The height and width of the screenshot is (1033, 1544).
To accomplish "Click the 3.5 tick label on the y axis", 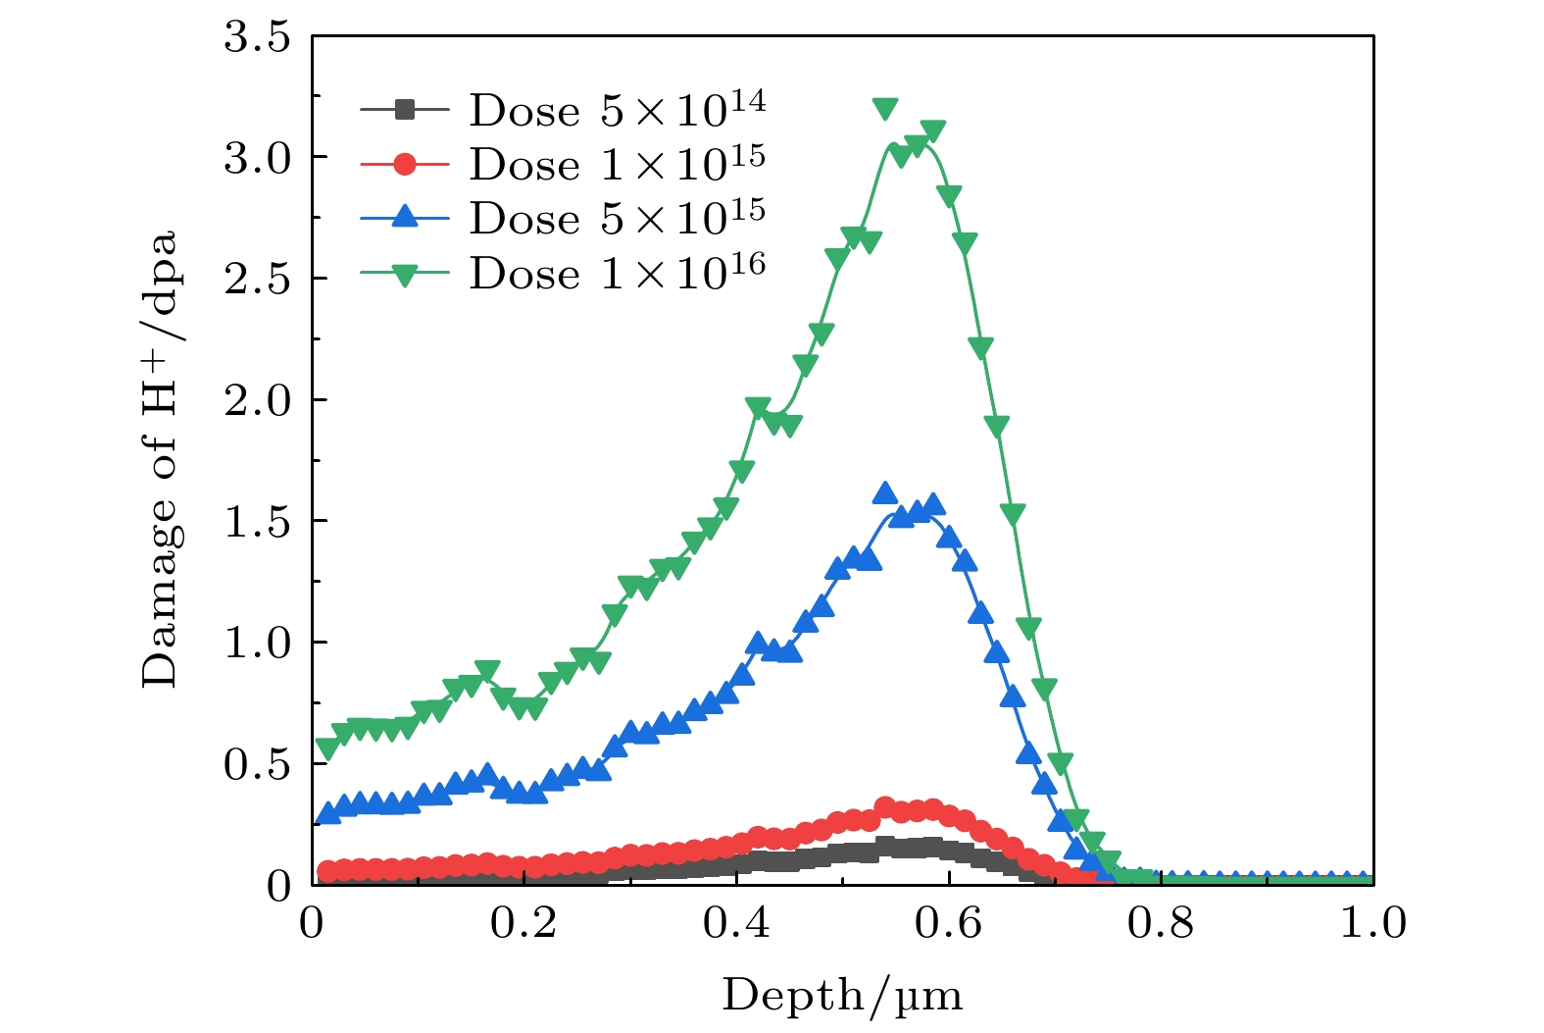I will (258, 37).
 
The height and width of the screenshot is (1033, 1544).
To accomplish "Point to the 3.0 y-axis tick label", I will (258, 158).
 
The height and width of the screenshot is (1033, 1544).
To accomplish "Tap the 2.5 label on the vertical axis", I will (258, 280).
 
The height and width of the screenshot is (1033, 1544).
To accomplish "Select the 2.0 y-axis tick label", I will (258, 400).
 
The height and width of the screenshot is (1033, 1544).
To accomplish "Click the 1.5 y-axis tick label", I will (258, 522).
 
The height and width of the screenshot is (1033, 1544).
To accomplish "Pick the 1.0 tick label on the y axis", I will (258, 643).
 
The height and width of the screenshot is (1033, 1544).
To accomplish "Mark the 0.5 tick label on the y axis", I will (258, 764).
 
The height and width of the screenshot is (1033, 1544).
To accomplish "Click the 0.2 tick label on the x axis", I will (523, 924).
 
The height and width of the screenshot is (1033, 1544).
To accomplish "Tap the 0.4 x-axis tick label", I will (736, 924).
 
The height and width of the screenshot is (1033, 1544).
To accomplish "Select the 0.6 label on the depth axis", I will (948, 924).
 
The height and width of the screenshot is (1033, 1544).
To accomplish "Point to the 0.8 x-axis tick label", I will (1161, 924).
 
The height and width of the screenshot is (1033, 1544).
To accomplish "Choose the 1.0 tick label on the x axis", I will (1372, 924).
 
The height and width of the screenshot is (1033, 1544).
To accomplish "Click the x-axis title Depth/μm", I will (842, 996).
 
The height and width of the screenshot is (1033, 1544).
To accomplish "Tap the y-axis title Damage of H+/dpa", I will (160, 459).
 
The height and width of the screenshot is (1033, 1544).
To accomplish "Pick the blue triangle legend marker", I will (404, 218).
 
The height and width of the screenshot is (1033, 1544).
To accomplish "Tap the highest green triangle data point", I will (885, 108).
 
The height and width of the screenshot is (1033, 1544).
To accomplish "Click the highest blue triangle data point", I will (885, 493).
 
